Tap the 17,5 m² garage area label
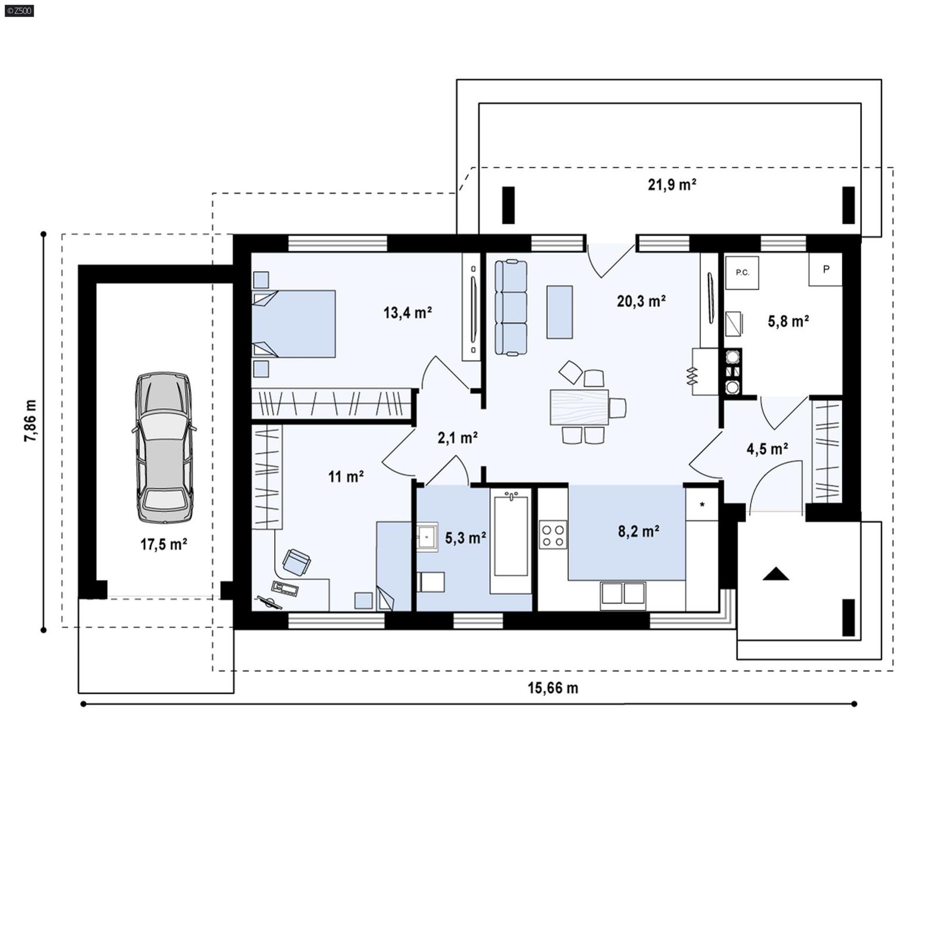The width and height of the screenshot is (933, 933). tap(163, 545)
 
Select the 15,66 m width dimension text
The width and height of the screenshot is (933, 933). tap(553, 688)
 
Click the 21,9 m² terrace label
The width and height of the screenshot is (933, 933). tap(672, 185)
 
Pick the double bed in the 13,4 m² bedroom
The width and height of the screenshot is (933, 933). tap(294, 324)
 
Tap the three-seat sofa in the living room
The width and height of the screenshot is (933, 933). tap(511, 307)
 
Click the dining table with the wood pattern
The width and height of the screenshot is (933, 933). tap(579, 406)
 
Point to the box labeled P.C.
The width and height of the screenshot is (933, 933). tap(742, 272)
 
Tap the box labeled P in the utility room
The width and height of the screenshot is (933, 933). tap(825, 269)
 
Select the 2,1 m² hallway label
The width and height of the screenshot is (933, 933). tap(458, 437)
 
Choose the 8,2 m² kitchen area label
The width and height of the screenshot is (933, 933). tap(639, 531)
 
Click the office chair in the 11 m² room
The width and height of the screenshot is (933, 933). tap(296, 562)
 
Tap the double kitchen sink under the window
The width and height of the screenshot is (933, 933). tap(623, 593)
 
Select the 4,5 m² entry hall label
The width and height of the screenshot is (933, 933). tap(767, 448)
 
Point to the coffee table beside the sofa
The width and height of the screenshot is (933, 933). tap(559, 312)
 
